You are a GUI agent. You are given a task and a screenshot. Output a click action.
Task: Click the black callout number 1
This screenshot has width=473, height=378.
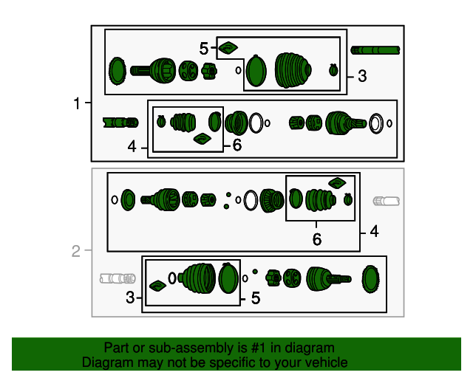pos(77,103)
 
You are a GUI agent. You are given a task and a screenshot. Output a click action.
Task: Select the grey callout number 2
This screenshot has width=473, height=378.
pos(76,251)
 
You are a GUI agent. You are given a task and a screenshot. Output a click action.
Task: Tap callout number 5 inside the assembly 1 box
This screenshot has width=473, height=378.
pos(204,48)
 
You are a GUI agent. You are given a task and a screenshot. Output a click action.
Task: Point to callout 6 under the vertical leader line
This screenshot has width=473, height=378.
pos(317,239)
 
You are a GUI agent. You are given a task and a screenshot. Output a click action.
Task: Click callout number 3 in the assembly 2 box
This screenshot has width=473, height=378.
pos(130,298)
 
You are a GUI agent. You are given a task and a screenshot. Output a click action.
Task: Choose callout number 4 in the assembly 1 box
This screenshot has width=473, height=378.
pos(132,147)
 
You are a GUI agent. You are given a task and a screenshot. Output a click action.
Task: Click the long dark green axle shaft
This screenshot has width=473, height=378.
pos(375,50)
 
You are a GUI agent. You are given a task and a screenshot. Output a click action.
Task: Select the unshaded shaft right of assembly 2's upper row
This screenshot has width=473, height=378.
pos(386,201)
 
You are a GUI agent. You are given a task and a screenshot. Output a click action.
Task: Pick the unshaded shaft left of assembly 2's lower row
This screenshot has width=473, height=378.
pos(118,278)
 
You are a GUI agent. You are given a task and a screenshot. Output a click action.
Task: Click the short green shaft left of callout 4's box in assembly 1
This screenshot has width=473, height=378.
pos(120,123)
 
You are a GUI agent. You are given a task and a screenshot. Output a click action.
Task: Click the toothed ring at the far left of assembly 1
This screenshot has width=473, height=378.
pos(117,71)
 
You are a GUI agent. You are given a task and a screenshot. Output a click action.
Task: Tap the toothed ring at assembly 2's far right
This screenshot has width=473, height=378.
pos(370,279)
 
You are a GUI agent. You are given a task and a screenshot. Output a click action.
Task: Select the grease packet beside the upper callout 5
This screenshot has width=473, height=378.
pos(228,48)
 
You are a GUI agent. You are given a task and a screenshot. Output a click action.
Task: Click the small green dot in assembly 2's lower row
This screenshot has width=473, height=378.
pos(255,272)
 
